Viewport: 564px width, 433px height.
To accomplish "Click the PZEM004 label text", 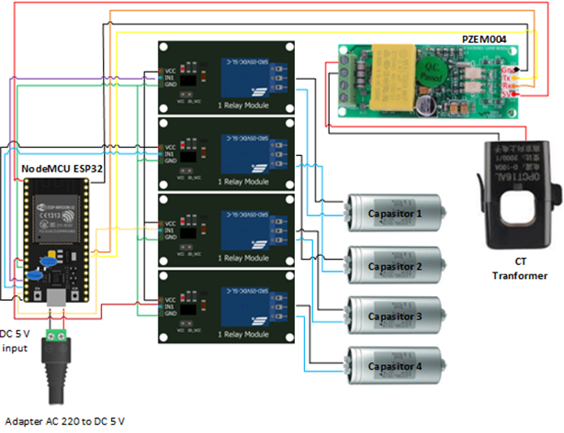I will [x=489, y=39].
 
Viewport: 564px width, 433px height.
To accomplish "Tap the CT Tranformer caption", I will [x=513, y=269].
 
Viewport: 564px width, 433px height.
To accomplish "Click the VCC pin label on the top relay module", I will [x=170, y=70].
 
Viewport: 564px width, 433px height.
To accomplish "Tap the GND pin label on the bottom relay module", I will [x=170, y=312].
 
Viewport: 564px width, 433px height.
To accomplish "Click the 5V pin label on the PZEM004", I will [x=509, y=93].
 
